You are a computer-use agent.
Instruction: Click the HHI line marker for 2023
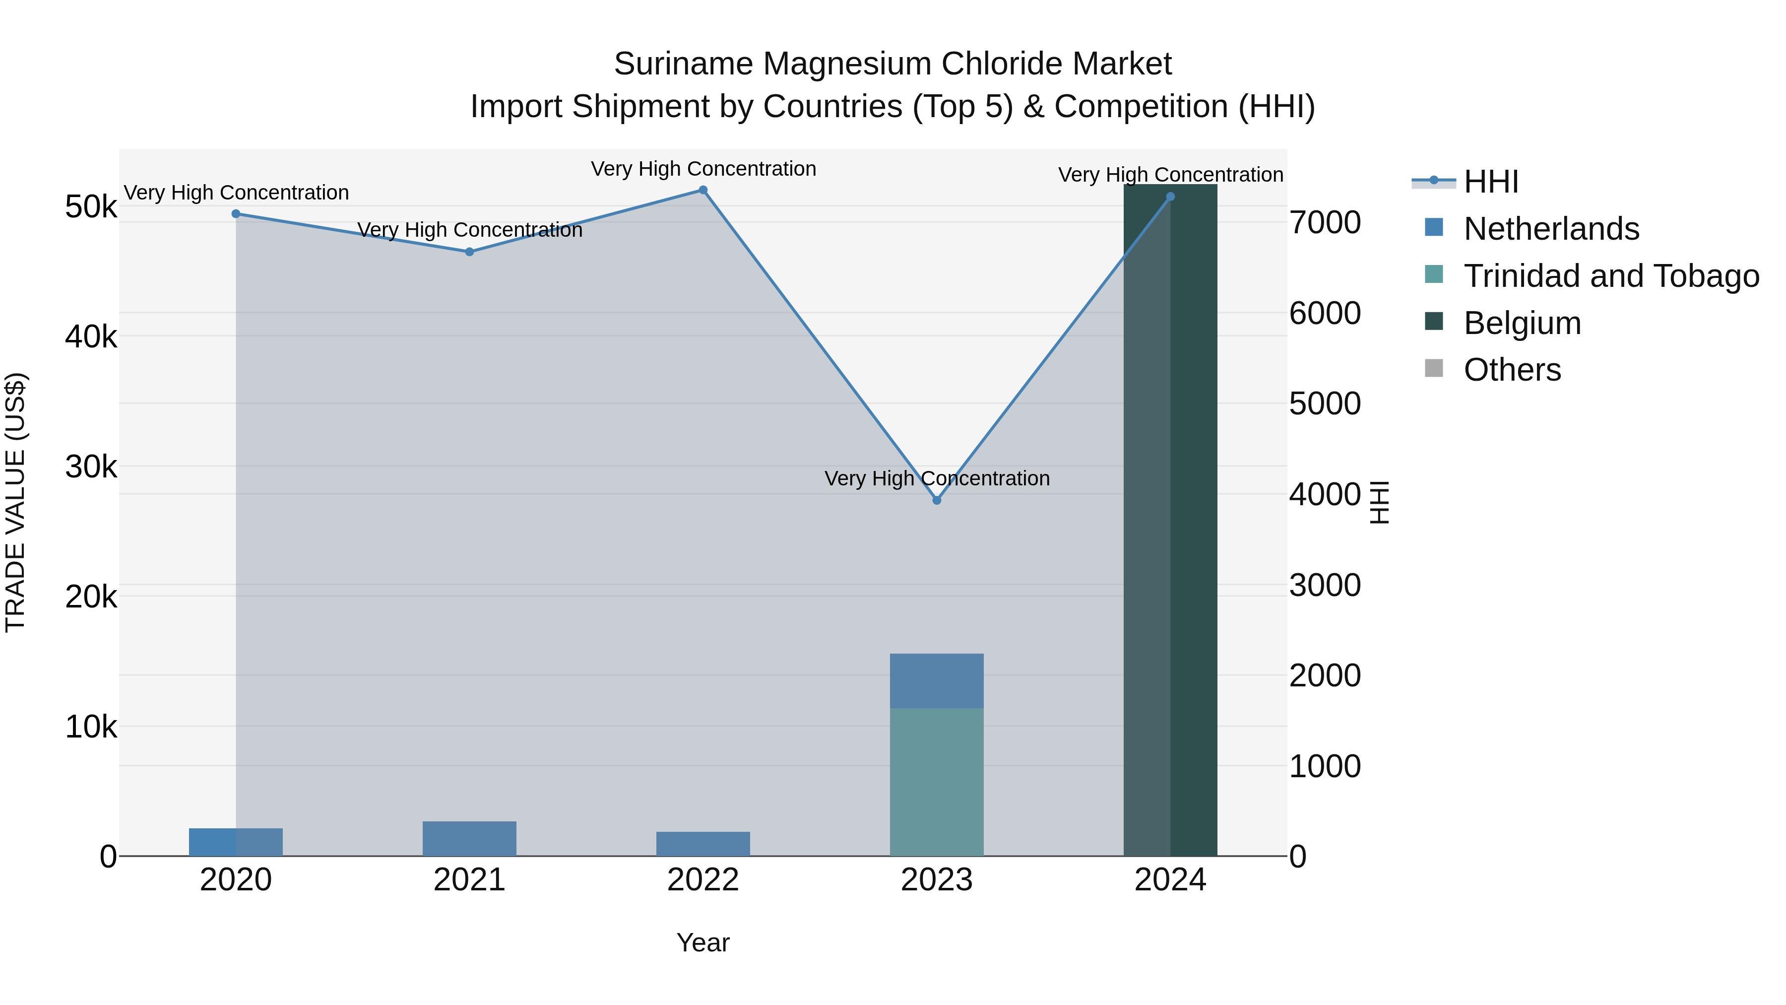(x=937, y=500)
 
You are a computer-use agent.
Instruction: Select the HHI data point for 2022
(x=703, y=190)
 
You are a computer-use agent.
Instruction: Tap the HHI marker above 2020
(x=236, y=213)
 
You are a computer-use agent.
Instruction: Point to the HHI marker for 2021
(x=469, y=252)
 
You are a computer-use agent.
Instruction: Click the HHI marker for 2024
(x=1170, y=196)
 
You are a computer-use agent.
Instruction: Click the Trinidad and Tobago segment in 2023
(x=937, y=782)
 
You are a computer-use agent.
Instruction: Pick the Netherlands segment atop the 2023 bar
(x=937, y=680)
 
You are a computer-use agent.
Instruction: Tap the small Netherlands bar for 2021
(x=469, y=839)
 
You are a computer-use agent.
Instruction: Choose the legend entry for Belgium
(x=1522, y=323)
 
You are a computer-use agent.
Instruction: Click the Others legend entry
(x=1512, y=370)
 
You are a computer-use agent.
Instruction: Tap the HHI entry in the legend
(x=1491, y=182)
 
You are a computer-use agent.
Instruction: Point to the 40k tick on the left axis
(x=91, y=337)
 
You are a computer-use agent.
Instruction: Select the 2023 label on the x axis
(x=937, y=880)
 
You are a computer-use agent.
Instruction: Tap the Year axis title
(x=703, y=942)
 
